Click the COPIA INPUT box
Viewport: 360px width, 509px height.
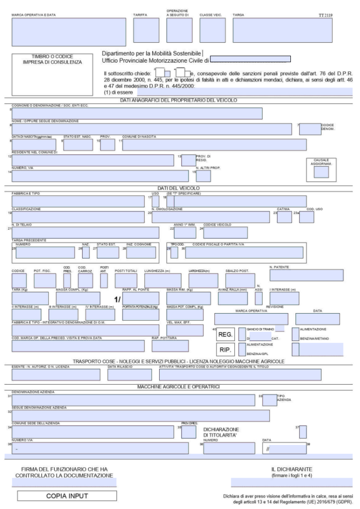67,496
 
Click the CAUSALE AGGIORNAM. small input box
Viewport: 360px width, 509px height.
321,171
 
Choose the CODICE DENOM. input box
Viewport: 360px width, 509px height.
309,129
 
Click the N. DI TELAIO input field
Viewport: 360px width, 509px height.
85,232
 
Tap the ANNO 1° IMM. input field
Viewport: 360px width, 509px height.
185,232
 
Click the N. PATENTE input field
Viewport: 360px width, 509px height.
306,275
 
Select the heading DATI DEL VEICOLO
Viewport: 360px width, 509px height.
179,188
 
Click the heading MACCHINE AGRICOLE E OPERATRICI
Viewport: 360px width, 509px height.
180,386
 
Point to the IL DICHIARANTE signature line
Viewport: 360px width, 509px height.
291,481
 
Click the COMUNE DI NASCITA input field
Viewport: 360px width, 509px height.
214,145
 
